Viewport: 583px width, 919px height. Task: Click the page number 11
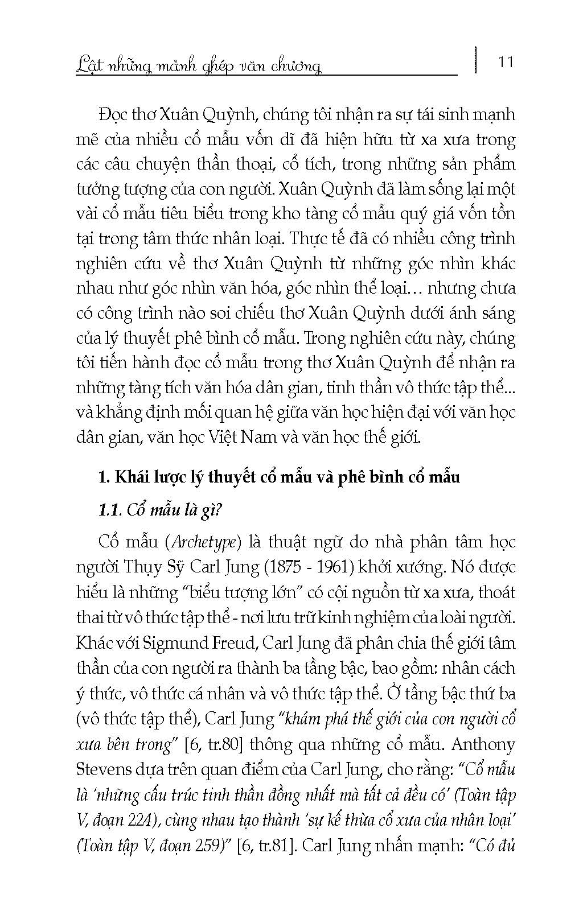505,61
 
